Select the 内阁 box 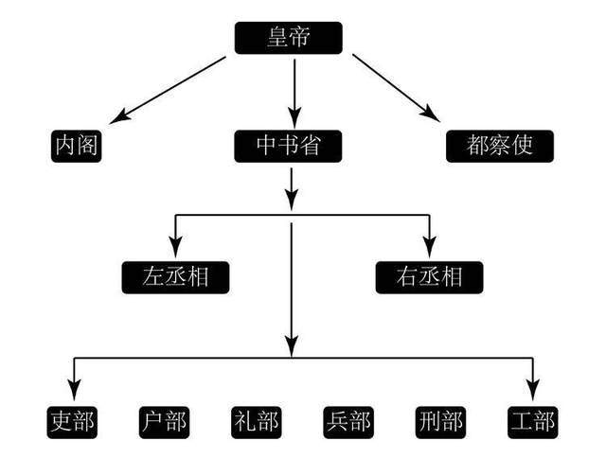click(x=76, y=146)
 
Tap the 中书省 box click(x=287, y=146)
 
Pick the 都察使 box click(x=499, y=146)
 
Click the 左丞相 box click(x=176, y=276)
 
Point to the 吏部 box click(x=73, y=420)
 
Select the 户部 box click(x=164, y=420)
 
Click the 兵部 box click(x=347, y=420)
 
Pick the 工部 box click(x=530, y=420)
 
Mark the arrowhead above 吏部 click(x=74, y=389)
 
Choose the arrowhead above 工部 click(x=532, y=389)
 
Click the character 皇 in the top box click(x=275, y=39)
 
